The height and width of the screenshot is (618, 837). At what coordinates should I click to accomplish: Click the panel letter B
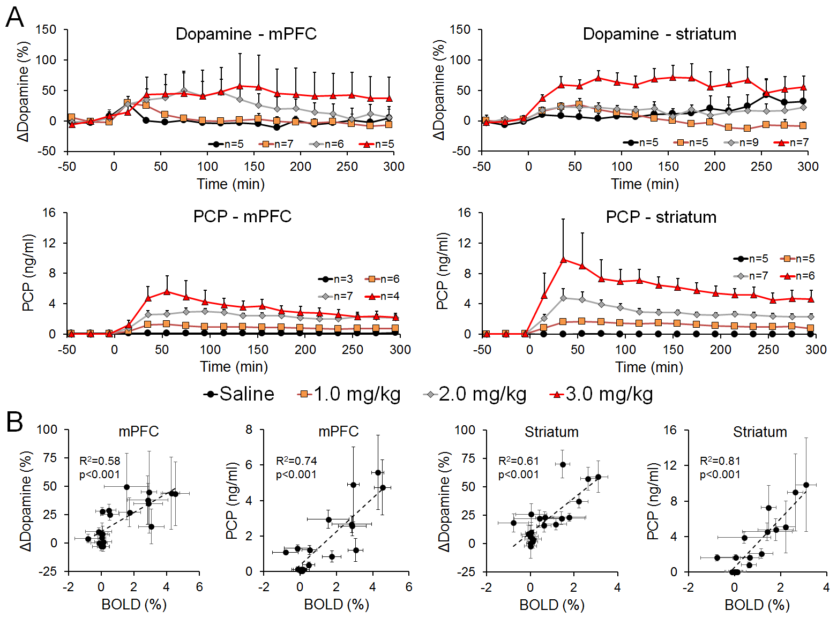(14, 421)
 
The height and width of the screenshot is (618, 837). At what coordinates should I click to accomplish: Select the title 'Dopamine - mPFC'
(246, 34)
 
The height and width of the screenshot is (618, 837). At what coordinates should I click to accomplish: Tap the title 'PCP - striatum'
(661, 217)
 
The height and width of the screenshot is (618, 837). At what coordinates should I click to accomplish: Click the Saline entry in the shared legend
(239, 394)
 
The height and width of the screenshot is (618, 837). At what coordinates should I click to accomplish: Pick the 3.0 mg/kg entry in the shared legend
(601, 394)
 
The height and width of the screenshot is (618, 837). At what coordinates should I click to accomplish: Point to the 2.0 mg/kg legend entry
(475, 394)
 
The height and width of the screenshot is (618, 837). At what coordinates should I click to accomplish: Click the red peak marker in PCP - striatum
(563, 260)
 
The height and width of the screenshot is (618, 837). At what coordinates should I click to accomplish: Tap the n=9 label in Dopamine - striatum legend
(749, 142)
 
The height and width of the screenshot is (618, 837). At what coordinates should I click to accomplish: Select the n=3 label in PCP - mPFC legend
(343, 279)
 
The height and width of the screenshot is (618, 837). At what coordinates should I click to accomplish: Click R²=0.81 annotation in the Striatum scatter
(720, 461)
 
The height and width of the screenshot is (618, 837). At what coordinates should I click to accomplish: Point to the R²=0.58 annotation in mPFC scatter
(100, 461)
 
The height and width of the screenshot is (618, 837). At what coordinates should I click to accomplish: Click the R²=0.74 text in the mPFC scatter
(296, 461)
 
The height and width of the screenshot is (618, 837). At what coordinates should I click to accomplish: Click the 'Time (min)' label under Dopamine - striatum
(645, 184)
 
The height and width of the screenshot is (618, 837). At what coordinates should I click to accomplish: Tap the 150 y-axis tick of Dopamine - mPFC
(46, 29)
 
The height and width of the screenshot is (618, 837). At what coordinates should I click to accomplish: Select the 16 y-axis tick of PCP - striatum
(464, 213)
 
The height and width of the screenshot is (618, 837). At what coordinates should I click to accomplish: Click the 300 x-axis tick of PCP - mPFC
(400, 350)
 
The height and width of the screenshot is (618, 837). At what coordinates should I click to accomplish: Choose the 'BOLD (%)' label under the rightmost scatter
(757, 605)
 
